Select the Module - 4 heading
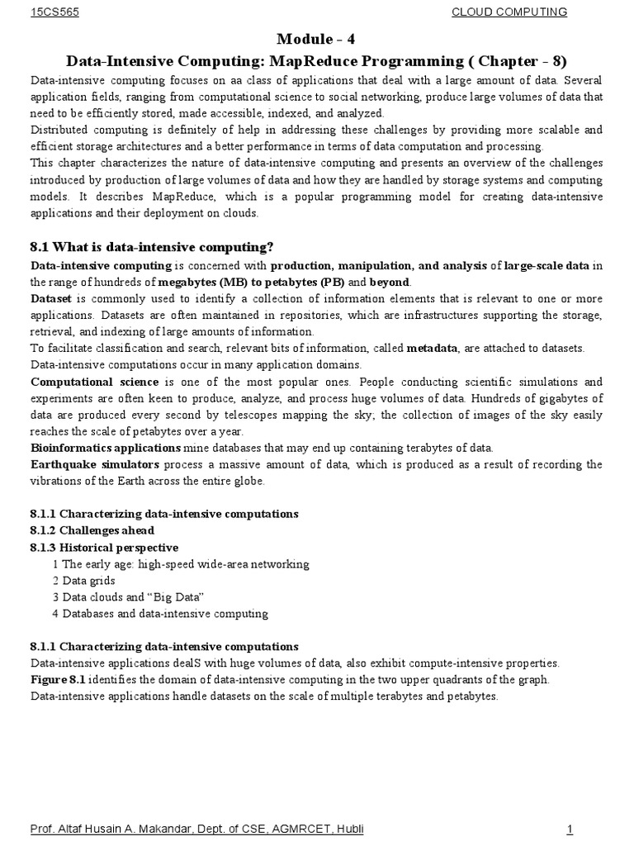click(x=318, y=40)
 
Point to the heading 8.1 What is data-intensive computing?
click(x=151, y=248)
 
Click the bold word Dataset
click(x=50, y=298)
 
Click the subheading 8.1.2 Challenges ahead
click(x=92, y=530)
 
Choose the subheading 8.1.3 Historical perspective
click(x=104, y=547)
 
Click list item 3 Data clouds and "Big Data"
click(x=128, y=596)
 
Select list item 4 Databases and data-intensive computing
click(x=160, y=613)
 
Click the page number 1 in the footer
click(x=570, y=829)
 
